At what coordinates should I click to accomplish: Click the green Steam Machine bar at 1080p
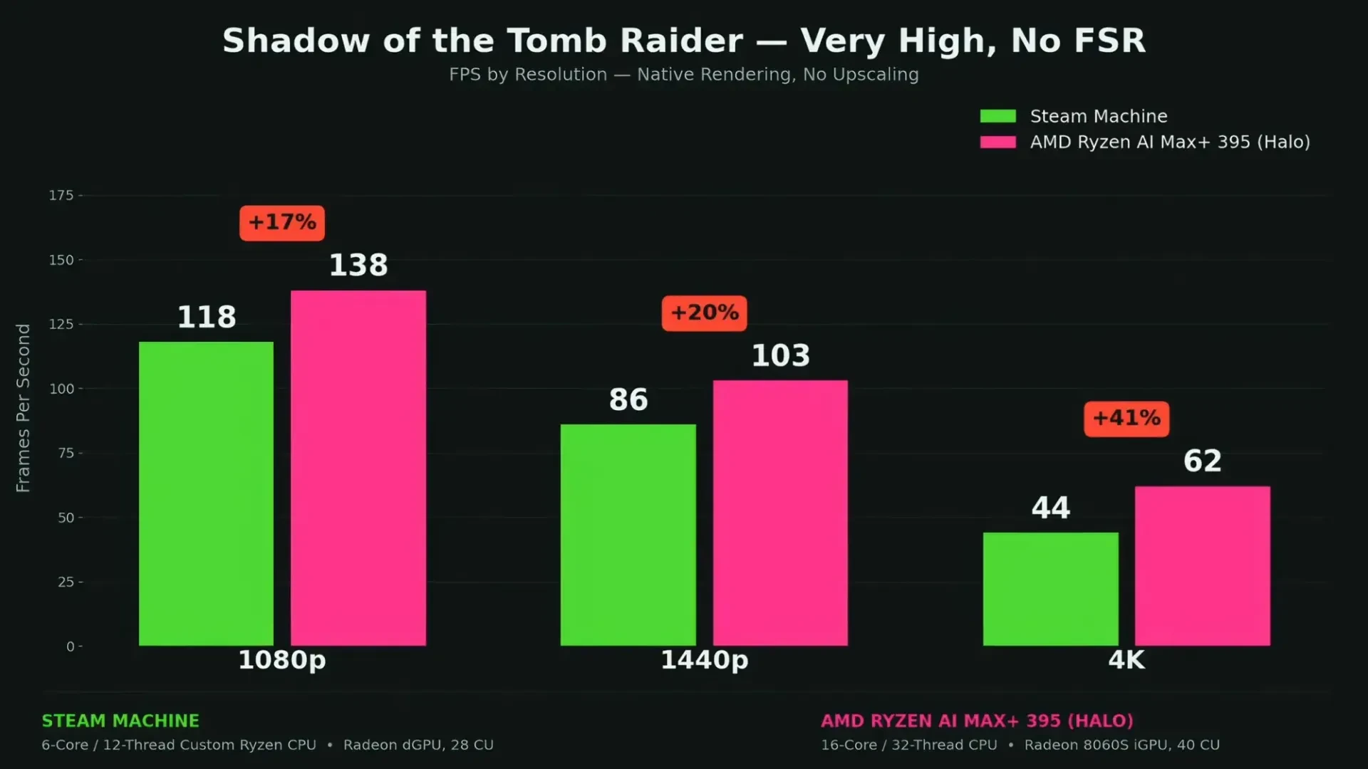[206, 493]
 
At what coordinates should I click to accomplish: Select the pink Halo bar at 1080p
[358, 468]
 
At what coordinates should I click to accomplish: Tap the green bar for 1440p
[628, 535]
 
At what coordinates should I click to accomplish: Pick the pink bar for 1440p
[780, 513]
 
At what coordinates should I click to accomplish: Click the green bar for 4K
[1051, 589]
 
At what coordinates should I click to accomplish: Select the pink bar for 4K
[1203, 566]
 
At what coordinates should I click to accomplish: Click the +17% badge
[282, 223]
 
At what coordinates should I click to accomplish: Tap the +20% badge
[705, 313]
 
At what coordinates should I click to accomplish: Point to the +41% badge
[1126, 419]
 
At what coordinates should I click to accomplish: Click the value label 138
[358, 265]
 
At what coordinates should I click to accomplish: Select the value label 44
[1051, 508]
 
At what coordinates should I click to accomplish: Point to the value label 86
[628, 399]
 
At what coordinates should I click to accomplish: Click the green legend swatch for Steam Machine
[998, 116]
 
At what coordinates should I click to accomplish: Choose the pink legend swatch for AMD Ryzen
[998, 142]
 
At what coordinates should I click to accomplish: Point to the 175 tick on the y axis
[61, 195]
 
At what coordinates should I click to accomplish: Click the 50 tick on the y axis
[66, 518]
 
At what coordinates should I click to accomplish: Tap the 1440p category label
[705, 660]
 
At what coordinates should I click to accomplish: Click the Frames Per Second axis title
[24, 408]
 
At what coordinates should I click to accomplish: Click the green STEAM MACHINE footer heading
[120, 721]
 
